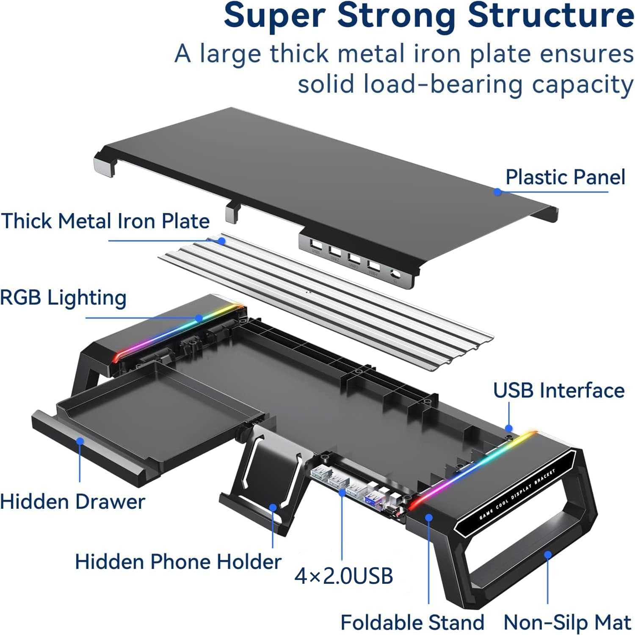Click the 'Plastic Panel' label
click(x=565, y=177)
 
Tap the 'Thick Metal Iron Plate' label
click(x=105, y=221)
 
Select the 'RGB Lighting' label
click(x=63, y=298)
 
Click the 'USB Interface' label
click(x=559, y=390)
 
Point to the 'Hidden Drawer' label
click(x=72, y=502)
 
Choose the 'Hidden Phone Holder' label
click(x=178, y=562)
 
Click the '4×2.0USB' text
click(x=344, y=576)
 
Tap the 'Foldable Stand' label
click(x=412, y=622)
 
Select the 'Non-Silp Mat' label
click(x=567, y=622)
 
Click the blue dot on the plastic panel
click(x=498, y=192)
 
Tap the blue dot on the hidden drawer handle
click(x=80, y=441)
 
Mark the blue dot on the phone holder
click(x=273, y=507)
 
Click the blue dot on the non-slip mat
click(x=548, y=555)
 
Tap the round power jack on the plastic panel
click(x=396, y=276)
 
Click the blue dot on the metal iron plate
click(x=221, y=241)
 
